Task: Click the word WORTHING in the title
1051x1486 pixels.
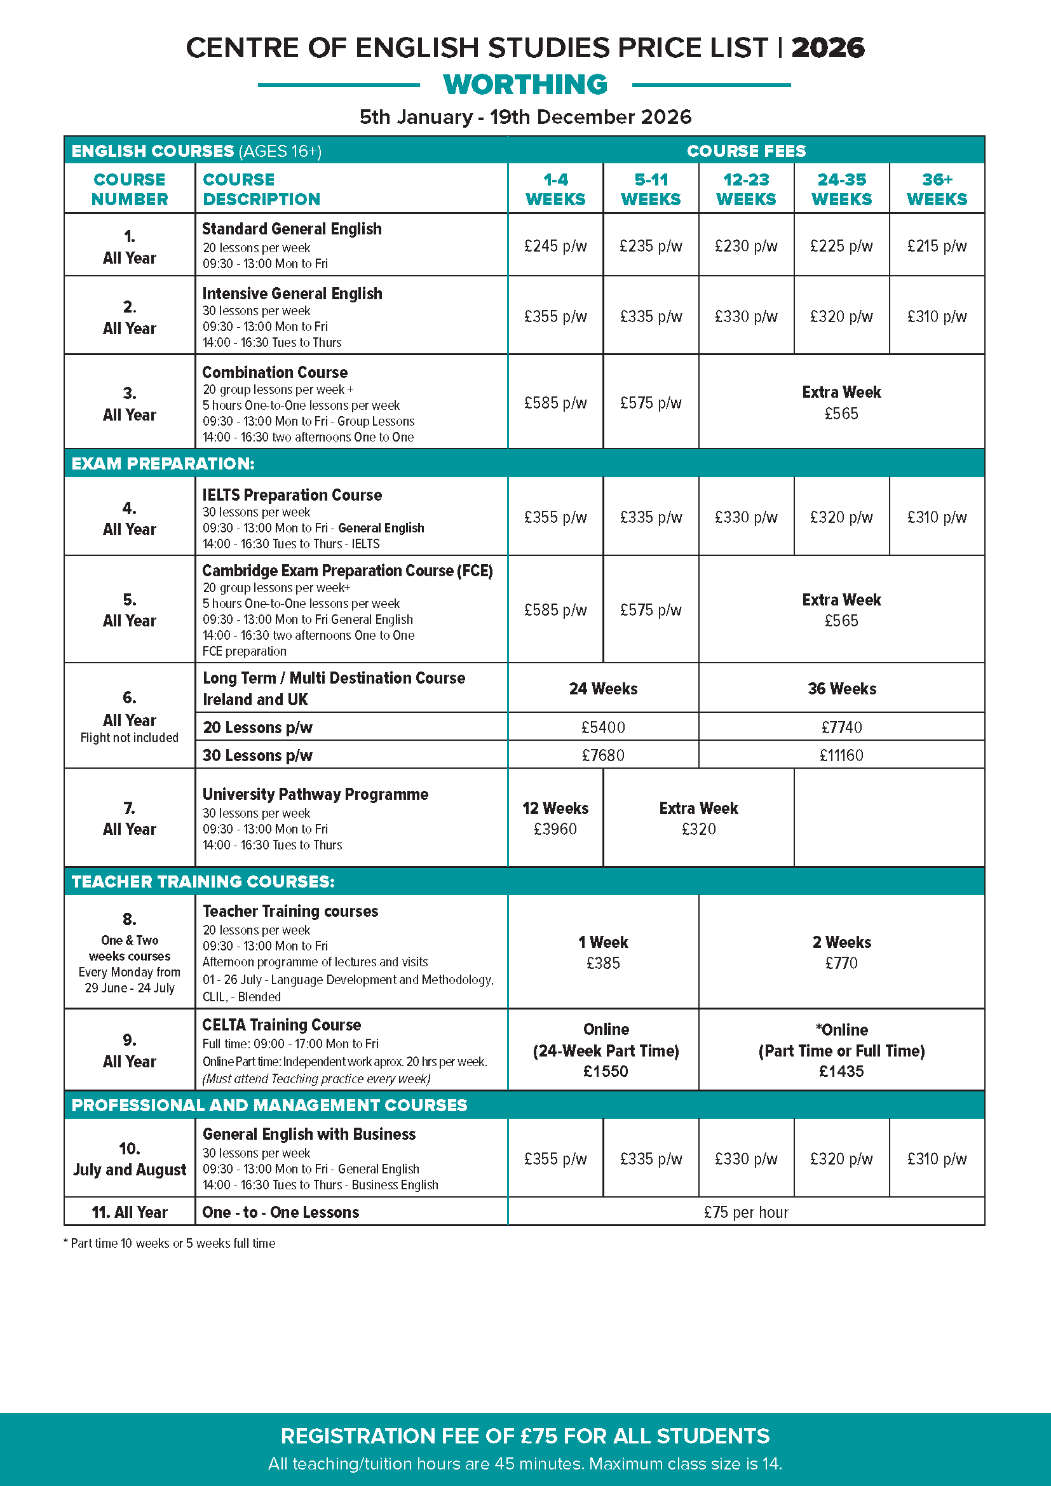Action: (525, 84)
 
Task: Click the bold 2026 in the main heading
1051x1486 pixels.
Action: (827, 48)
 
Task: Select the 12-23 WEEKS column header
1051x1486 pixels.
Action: (745, 189)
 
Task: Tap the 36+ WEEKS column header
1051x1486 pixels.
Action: (937, 189)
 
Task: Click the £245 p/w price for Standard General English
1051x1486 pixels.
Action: (555, 246)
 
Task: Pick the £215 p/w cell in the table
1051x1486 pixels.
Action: (937, 246)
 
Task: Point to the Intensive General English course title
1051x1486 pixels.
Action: (292, 294)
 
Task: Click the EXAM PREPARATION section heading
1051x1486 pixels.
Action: (163, 463)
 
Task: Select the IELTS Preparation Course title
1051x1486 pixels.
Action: (292, 495)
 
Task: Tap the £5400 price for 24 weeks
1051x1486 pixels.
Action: (602, 727)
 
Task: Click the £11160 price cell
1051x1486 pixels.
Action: (841, 755)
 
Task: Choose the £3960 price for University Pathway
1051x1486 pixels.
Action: (555, 829)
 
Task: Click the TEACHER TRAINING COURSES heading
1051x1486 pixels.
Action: (203, 882)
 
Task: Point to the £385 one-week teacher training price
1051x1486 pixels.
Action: (602, 963)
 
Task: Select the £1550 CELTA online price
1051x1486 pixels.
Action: (605, 1071)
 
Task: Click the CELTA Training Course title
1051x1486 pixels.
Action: (281, 1025)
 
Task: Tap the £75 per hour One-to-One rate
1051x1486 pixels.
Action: (745, 1212)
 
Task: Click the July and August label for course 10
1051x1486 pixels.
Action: (130, 1170)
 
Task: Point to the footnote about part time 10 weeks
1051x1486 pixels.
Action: (170, 1243)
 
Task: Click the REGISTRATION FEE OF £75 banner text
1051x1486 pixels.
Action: (525, 1436)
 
